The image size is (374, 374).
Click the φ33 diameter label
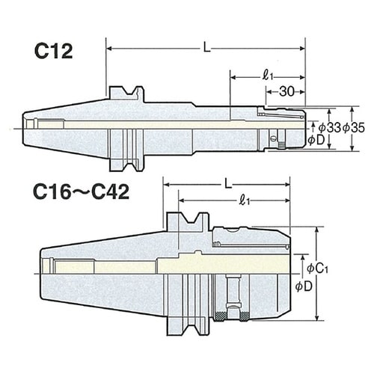(328, 128)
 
